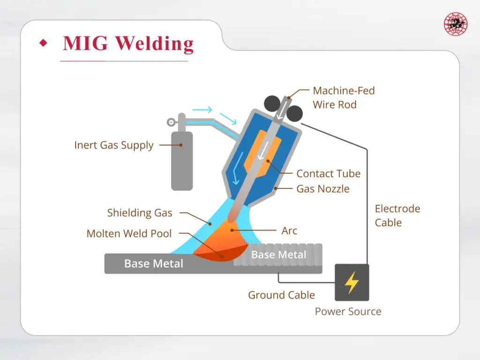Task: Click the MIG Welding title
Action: [x=128, y=44]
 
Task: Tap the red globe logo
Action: [x=456, y=24]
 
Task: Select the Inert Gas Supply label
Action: [x=114, y=145]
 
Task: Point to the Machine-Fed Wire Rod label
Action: [x=344, y=97]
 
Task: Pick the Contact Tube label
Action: [x=328, y=173]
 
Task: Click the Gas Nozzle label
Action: [x=323, y=189]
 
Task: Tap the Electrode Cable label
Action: [x=397, y=216]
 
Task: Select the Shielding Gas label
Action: [x=140, y=213]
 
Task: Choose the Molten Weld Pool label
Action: [x=129, y=233]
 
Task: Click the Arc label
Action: [x=289, y=231]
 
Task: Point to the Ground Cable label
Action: [x=281, y=295]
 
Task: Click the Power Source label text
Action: [x=348, y=312]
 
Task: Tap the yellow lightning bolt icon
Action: [x=352, y=282]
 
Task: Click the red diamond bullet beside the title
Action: [x=44, y=44]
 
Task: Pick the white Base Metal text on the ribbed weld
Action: [x=278, y=255]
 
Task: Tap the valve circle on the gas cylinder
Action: [x=171, y=123]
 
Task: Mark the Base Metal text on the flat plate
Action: [x=153, y=263]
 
